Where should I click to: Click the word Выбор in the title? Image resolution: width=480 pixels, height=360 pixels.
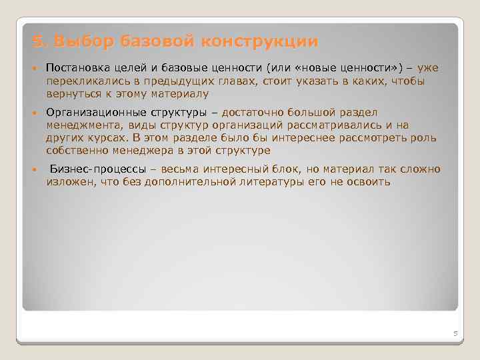[x=85, y=42]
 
